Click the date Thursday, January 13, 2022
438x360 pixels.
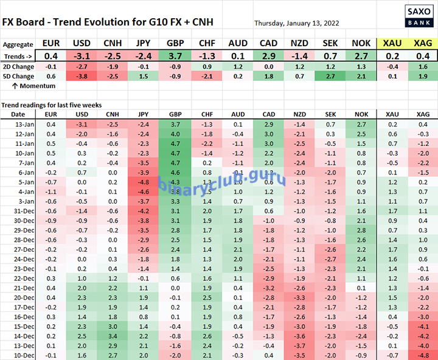click(x=297, y=23)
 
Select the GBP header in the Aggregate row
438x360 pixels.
click(x=175, y=44)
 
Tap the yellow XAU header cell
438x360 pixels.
click(x=392, y=44)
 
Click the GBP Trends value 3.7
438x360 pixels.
click(x=175, y=56)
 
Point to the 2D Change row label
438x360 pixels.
click(x=18, y=66)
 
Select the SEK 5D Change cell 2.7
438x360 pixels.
click(x=330, y=76)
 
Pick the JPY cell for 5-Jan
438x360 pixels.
click(x=144, y=182)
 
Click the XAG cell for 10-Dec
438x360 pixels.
click(x=423, y=355)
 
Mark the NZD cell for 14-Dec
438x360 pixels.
click(x=299, y=335)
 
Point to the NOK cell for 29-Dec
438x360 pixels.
click(x=361, y=230)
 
